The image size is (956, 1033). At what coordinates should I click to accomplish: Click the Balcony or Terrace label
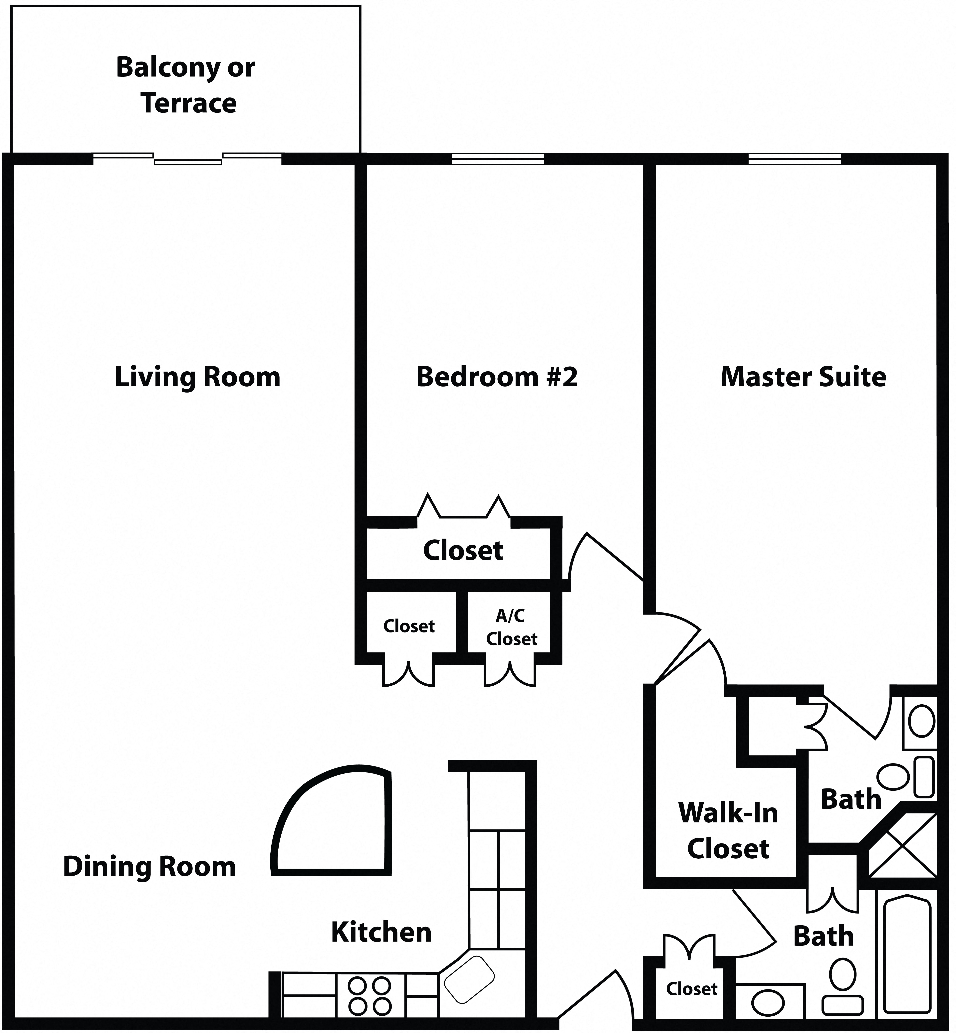coord(186,85)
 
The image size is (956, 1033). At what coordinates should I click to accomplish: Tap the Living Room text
coord(197,377)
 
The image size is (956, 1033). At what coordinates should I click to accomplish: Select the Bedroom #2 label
coord(497,377)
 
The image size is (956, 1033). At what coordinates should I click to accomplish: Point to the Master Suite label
coord(803,377)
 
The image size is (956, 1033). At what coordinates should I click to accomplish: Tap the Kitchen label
coord(381,932)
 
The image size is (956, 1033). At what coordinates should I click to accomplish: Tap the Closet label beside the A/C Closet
coord(409,626)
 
